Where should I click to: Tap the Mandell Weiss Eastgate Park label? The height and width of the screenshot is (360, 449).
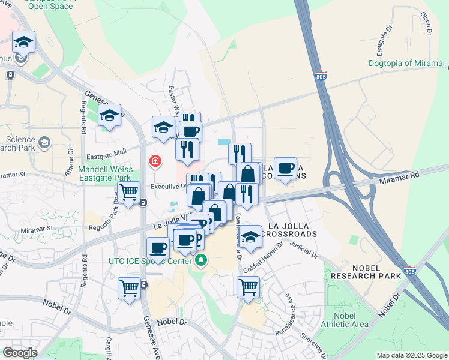click(x=106, y=173)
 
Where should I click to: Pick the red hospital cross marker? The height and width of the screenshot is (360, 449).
click(x=155, y=161)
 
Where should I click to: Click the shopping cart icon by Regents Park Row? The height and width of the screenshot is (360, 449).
click(x=128, y=193)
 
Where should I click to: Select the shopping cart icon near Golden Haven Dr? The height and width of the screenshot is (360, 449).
click(x=248, y=287)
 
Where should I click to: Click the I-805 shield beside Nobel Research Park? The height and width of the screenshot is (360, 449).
click(x=409, y=271)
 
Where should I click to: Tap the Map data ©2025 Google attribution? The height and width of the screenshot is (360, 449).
click(x=412, y=355)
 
